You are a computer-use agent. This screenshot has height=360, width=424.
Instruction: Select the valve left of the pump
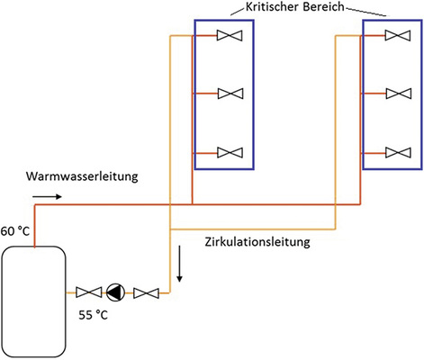click(89, 292)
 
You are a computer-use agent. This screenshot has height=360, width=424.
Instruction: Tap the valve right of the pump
click(146, 292)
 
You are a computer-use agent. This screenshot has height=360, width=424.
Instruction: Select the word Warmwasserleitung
click(82, 176)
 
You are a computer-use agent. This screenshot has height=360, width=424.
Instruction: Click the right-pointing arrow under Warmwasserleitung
click(50, 194)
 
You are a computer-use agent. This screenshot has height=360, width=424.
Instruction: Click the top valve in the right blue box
click(395, 36)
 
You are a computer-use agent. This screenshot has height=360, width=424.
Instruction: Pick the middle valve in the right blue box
click(395, 94)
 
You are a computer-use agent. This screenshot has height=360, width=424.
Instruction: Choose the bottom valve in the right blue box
click(395, 151)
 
